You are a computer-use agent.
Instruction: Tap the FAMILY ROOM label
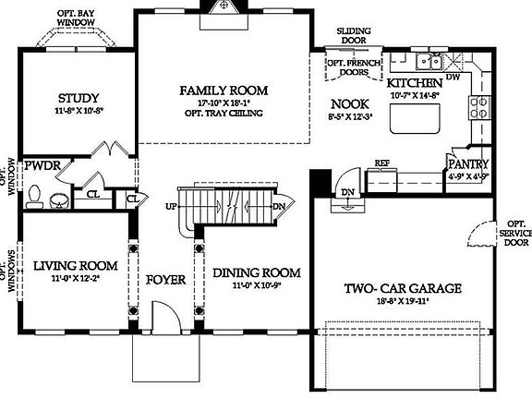tap(224, 90)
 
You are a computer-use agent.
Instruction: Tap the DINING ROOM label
tap(257, 272)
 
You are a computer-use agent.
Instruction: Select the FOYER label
tap(166, 278)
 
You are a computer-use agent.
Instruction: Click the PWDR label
tap(42, 165)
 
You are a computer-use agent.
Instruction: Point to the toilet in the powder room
tap(35, 196)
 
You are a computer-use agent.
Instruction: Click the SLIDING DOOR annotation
tap(352, 35)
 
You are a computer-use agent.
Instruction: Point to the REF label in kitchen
tap(381, 163)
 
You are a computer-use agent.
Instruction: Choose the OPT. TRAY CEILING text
tap(224, 114)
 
